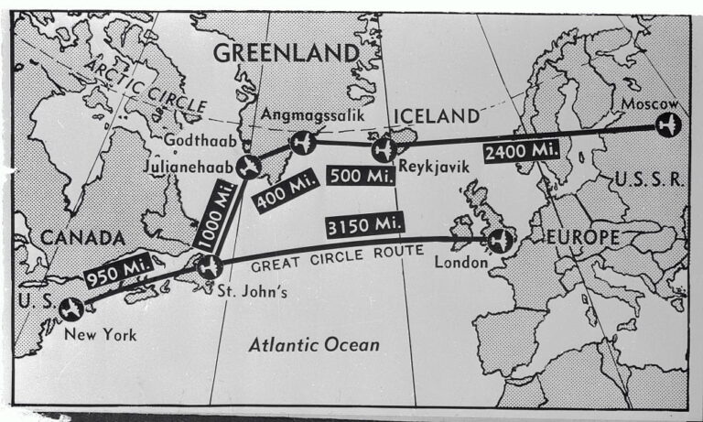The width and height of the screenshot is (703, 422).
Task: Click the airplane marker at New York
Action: pos(70,308)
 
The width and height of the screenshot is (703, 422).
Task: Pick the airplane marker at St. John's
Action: pos(210,267)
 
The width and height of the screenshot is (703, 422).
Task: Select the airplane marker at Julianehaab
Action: pos(247,166)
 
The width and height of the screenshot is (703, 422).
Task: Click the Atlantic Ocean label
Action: pos(314,345)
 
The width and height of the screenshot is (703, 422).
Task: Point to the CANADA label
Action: pos(81,238)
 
